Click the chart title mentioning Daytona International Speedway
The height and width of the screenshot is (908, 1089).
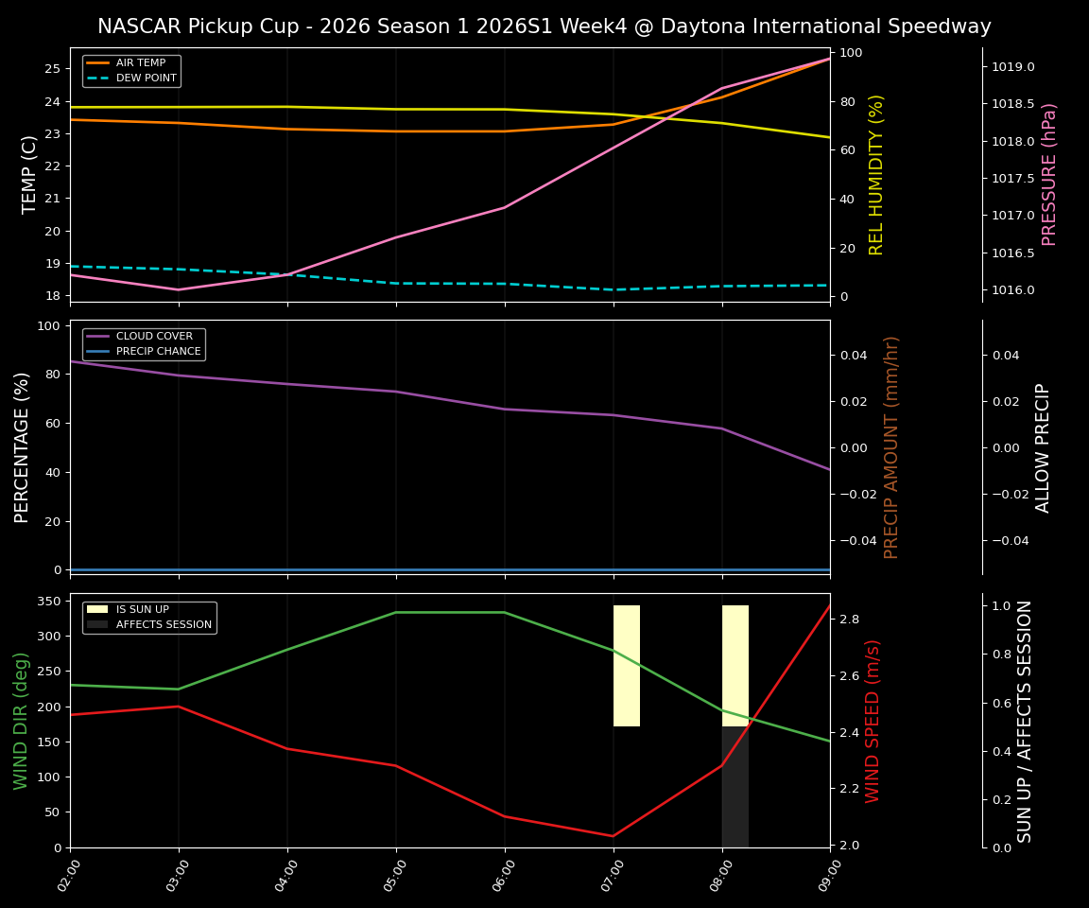point(544,26)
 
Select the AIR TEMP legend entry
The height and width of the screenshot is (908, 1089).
point(140,63)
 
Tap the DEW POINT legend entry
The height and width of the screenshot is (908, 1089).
point(146,79)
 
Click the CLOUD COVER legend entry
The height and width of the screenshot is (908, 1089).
point(153,337)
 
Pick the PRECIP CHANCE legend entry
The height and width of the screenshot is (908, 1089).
point(158,352)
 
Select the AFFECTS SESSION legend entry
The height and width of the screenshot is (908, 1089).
point(164,625)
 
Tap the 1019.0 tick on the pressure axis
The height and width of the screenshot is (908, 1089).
point(1012,67)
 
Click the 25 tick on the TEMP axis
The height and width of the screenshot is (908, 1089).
point(52,69)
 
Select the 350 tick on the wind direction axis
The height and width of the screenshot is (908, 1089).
point(47,602)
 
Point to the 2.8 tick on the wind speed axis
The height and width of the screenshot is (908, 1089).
point(849,620)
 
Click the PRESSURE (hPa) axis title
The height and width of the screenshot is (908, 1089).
point(1049,174)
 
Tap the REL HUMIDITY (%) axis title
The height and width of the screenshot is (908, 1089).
point(876,174)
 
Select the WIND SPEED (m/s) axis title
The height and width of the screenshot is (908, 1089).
point(873,721)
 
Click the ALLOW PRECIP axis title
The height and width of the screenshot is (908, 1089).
point(1043,447)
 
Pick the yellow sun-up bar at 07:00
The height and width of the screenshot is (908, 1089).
point(627,666)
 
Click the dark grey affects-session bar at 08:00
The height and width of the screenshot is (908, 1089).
point(735,787)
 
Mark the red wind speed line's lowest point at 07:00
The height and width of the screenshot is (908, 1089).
point(614,835)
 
